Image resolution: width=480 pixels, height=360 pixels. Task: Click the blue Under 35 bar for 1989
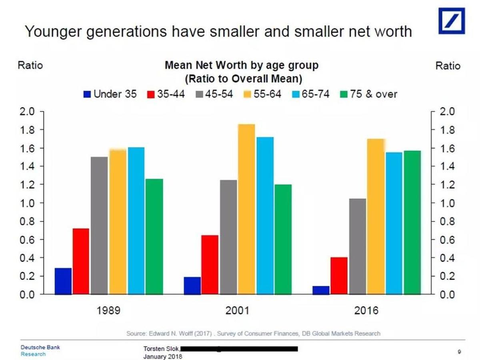tap(63, 281)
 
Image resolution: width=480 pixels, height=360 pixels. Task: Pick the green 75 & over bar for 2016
tap(412, 222)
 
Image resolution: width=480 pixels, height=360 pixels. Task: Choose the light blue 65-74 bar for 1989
tap(136, 221)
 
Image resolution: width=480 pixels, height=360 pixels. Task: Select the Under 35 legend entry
tap(110, 94)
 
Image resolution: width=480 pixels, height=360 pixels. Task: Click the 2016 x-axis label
tap(366, 311)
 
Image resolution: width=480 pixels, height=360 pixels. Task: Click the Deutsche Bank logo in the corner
tap(452, 20)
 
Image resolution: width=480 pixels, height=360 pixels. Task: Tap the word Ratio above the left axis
tap(30, 65)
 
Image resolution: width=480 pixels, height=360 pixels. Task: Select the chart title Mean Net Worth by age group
tap(242, 65)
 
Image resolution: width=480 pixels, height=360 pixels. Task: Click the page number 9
tap(460, 352)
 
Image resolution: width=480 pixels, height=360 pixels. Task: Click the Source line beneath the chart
tap(253, 333)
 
